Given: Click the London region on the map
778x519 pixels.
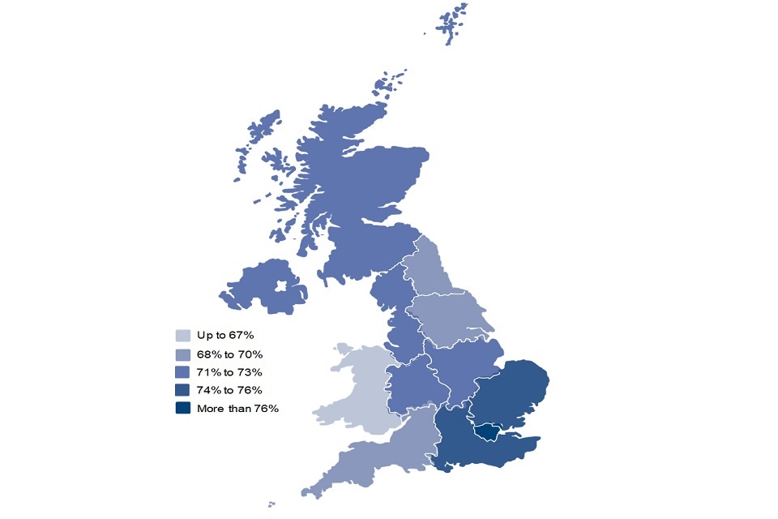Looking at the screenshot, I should [488, 432].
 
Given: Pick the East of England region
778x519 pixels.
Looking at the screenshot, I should [511, 393].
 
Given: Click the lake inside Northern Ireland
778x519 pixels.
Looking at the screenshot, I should [282, 286].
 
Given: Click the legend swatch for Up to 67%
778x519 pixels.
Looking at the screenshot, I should [184, 335].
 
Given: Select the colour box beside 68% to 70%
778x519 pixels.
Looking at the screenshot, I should [184, 354].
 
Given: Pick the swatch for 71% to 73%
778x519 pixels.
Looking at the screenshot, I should [184, 372].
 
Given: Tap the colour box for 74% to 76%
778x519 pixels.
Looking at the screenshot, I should [184, 390].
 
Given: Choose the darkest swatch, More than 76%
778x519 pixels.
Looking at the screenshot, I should [184, 408].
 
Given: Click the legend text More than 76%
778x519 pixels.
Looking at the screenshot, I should [237, 408].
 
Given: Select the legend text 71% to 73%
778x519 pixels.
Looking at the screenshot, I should [229, 372].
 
